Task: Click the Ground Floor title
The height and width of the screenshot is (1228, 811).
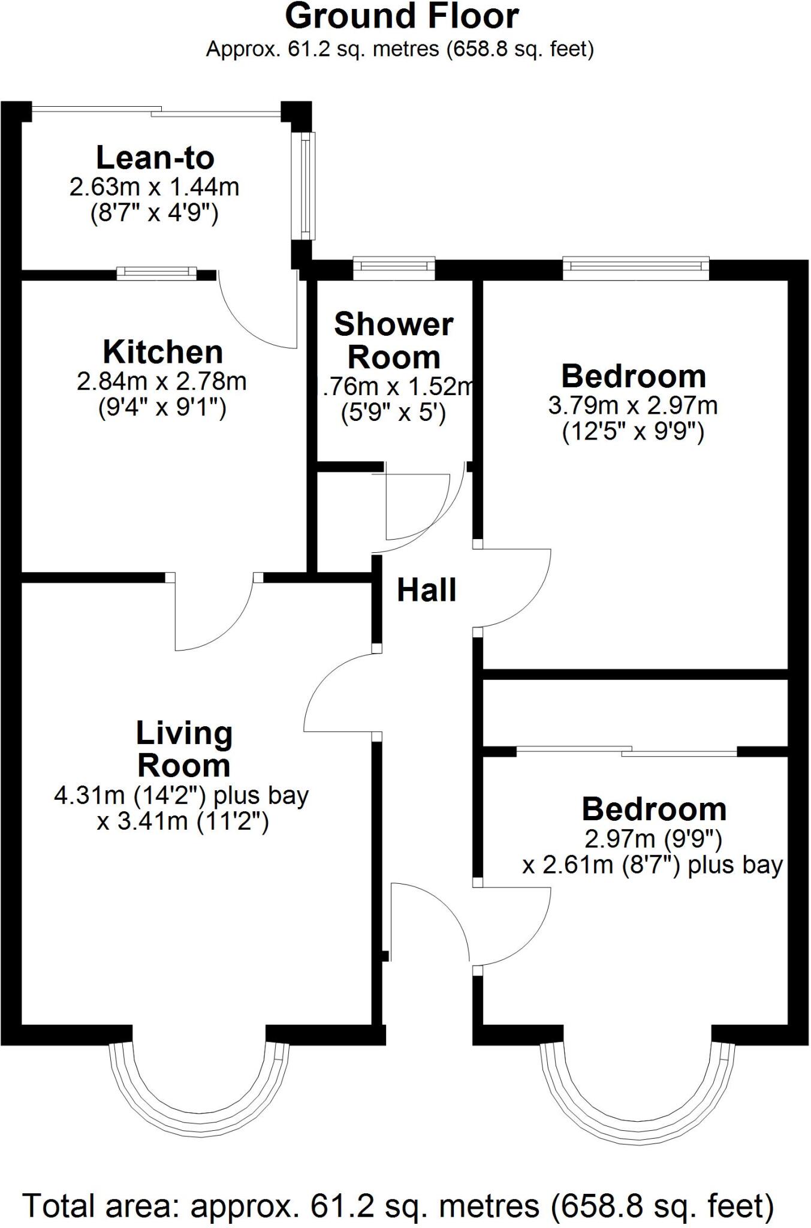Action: point(402,17)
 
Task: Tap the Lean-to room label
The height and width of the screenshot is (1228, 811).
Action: point(155,158)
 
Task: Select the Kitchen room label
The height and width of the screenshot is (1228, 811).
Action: point(162,352)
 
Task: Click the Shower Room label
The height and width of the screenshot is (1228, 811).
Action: point(394,341)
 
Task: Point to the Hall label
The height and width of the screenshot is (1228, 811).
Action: point(426,590)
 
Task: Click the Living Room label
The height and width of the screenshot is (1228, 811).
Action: point(183,749)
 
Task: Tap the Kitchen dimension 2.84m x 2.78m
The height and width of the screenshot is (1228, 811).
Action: point(162,381)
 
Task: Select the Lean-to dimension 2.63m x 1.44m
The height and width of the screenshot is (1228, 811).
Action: point(154,187)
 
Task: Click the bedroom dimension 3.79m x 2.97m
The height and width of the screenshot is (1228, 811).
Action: point(632,406)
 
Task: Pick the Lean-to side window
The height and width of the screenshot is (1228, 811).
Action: point(307,186)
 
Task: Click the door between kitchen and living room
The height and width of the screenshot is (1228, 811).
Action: point(215,612)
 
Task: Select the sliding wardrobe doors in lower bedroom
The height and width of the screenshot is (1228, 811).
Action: point(626,750)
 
